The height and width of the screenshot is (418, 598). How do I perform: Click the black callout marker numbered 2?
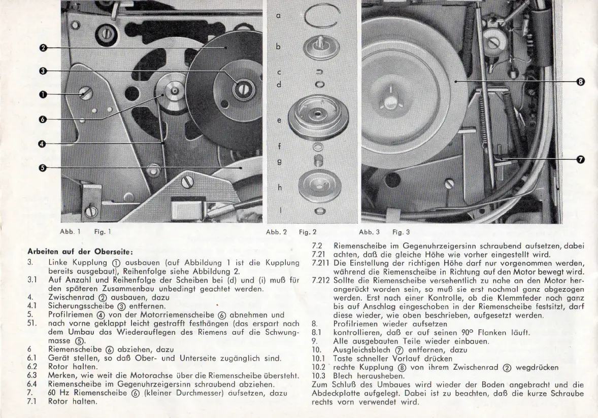[x=43, y=48]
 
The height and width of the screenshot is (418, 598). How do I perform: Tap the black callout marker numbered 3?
[x=43, y=71]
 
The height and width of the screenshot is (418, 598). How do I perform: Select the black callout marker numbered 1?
[x=43, y=94]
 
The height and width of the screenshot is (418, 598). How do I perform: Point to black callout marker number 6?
[x=43, y=119]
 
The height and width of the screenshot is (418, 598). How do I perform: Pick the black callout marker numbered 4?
[x=43, y=144]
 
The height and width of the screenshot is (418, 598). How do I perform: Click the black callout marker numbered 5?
[x=43, y=168]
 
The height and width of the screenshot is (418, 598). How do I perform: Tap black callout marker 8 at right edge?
[x=581, y=81]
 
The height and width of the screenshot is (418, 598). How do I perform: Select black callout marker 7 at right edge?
[x=581, y=160]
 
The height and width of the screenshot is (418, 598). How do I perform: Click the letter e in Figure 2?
[x=279, y=121]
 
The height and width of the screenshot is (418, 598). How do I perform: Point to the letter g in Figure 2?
[x=279, y=162]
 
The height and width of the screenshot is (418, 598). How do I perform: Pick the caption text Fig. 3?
[x=401, y=232]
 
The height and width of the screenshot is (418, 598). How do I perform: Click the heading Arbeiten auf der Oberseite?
[x=80, y=252]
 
